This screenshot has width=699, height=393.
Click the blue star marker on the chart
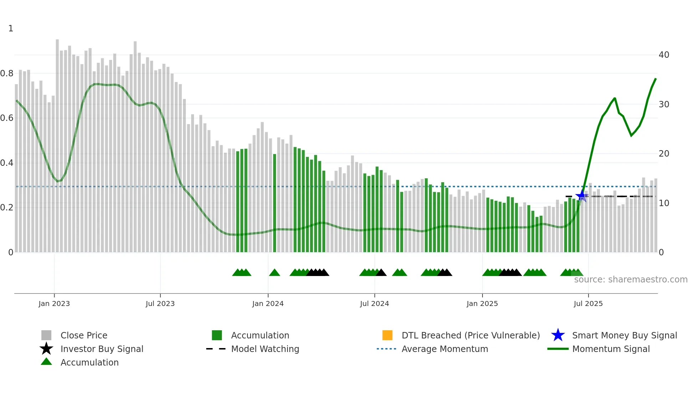tap(582, 196)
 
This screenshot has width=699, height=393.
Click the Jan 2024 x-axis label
tap(268, 303)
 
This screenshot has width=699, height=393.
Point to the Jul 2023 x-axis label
tap(160, 303)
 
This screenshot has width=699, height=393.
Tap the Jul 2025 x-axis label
tap(588, 303)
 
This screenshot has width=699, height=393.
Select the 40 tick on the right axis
tap(664, 55)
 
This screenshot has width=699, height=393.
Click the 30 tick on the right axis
tap(664, 104)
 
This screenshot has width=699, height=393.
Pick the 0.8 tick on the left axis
tap(7, 73)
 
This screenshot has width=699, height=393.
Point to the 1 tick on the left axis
tap(11, 29)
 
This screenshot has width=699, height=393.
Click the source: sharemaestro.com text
tap(631, 280)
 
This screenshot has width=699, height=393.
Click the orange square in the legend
tap(387, 335)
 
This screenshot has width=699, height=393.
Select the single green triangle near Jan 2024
tap(275, 273)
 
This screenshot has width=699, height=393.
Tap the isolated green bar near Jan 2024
tap(275, 203)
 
